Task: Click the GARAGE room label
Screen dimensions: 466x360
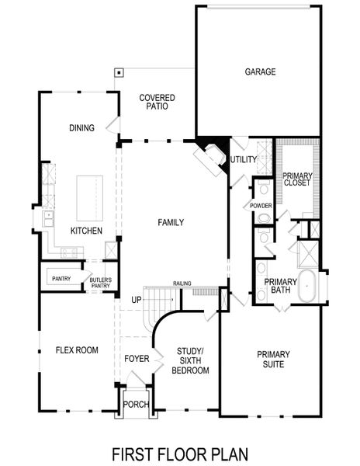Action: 261,71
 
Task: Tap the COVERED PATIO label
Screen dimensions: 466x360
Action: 157,103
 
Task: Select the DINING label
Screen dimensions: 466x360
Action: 81,128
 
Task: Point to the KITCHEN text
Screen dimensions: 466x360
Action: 86,231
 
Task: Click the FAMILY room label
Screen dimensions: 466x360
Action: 171,222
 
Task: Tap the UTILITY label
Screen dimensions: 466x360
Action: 243,159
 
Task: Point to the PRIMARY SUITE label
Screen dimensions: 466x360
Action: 273,360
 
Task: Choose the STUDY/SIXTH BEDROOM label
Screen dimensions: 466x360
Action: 192,360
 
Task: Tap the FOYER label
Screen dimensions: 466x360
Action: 137,358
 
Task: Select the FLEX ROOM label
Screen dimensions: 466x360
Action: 77,350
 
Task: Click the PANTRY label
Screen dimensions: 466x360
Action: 62,278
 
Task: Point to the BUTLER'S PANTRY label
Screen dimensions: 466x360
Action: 101,282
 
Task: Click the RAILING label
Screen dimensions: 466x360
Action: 182,284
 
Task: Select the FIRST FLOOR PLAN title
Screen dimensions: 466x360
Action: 180,453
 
